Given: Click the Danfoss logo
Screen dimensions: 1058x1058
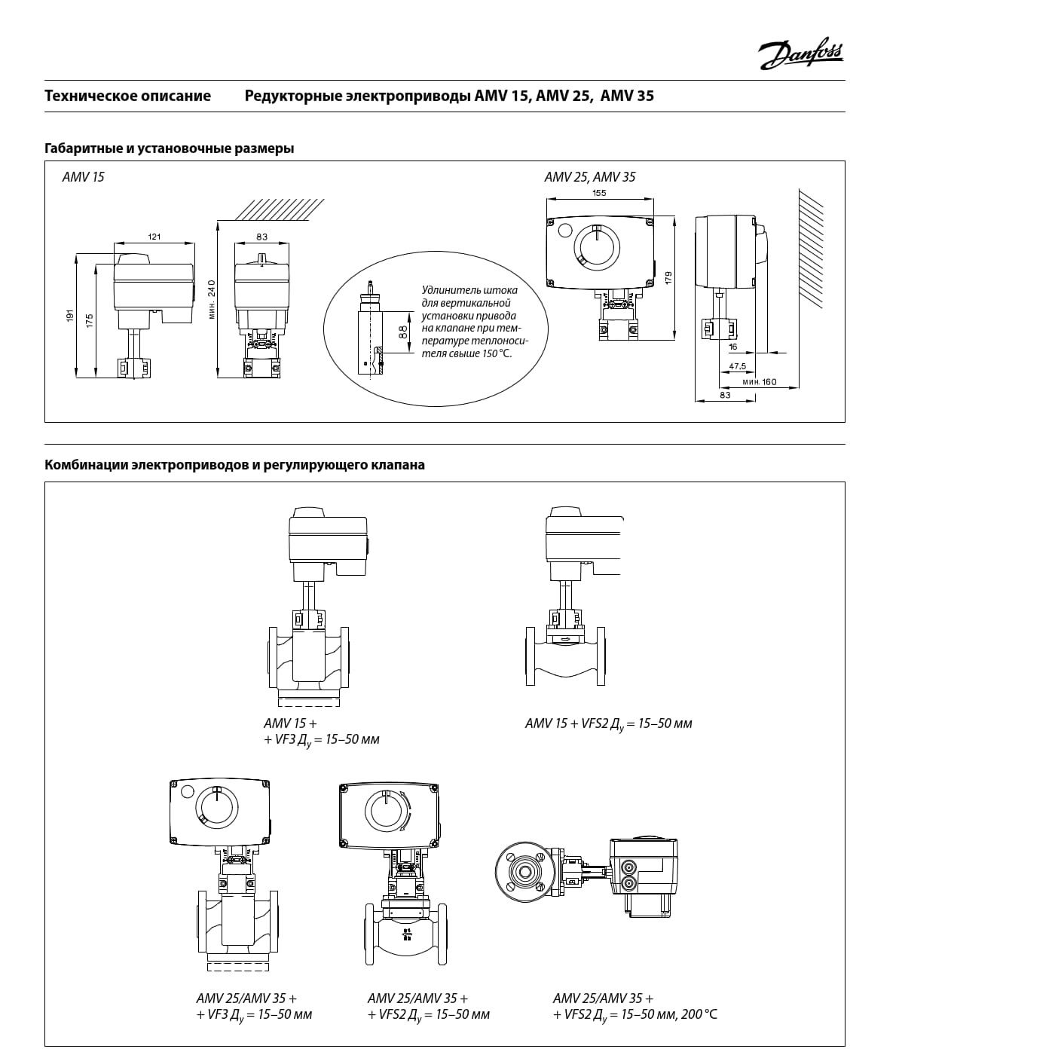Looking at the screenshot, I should tap(801, 55).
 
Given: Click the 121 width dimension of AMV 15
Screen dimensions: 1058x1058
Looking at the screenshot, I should tap(154, 237).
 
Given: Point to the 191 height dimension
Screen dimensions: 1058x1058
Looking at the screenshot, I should tap(69, 316).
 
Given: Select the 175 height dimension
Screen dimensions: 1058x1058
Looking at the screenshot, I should tap(89, 320).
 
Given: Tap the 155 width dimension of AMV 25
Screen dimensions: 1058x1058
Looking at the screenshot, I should tap(599, 193).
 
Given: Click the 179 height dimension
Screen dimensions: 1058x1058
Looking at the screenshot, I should tap(668, 277).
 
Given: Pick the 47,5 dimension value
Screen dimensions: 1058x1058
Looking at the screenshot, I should tap(737, 366).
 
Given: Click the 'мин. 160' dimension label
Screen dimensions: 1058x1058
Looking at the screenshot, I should tap(759, 382).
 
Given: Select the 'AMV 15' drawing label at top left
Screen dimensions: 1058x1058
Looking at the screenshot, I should tap(83, 178).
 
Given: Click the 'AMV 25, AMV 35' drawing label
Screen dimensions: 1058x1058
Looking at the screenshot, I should tap(589, 178).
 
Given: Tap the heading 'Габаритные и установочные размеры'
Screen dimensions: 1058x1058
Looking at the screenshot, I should tap(169, 148).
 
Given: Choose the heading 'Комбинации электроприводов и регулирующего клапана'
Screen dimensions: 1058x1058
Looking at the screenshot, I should tap(234, 465).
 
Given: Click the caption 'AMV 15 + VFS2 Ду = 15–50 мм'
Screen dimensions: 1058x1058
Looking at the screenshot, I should tap(608, 724).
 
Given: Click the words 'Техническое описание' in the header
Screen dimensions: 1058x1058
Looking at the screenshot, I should tap(127, 96).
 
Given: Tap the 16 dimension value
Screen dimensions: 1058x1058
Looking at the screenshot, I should tap(733, 347).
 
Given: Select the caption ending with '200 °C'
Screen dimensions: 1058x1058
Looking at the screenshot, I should tap(634, 1007).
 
